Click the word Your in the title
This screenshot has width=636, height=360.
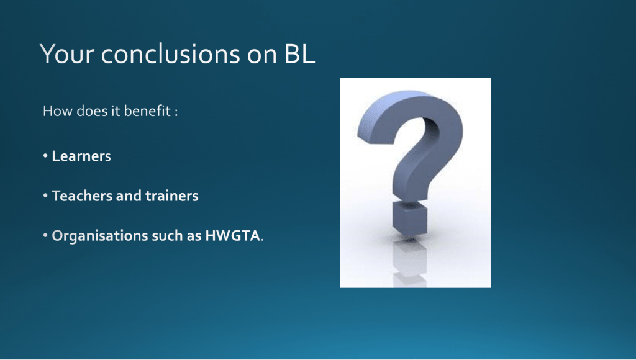click(x=67, y=54)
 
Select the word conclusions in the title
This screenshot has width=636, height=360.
click(x=170, y=53)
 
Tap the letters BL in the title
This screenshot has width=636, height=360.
click(x=299, y=53)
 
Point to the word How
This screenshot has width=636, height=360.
click(x=58, y=111)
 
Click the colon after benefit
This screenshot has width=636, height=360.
click(x=176, y=112)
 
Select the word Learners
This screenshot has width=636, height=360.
click(x=81, y=156)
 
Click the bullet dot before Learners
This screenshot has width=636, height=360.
click(x=45, y=156)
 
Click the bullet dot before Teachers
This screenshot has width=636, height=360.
click(x=45, y=196)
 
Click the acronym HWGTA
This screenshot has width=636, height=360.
click(x=232, y=235)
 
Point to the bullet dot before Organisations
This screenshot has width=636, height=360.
click(x=45, y=235)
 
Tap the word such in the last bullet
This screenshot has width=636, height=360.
click(x=167, y=235)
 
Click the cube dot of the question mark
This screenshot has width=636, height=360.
click(x=410, y=218)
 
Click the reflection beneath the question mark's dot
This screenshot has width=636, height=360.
click(x=410, y=261)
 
